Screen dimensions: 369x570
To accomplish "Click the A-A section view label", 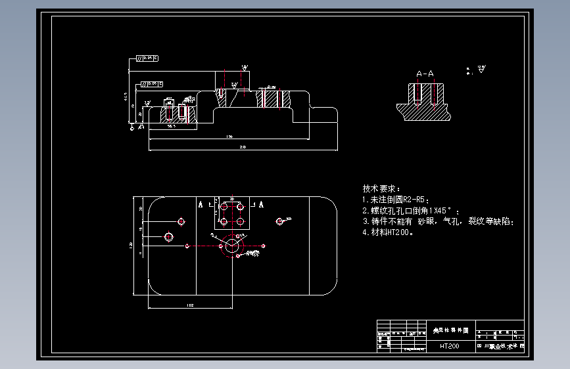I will [x=425, y=74].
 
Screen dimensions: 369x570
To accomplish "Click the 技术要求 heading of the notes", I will [x=381, y=188].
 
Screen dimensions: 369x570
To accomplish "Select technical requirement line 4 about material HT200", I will [x=389, y=232].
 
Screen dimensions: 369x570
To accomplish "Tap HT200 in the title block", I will [x=450, y=345].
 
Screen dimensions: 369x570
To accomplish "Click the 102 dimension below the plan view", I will [x=190, y=305].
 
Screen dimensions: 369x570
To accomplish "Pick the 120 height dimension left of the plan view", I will [x=133, y=246].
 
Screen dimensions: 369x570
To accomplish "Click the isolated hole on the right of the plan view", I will [x=281, y=221].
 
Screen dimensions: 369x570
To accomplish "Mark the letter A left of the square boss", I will [x=201, y=204].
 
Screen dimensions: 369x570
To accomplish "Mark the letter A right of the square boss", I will [x=261, y=204].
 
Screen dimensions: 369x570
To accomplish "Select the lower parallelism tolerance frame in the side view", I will [x=153, y=83].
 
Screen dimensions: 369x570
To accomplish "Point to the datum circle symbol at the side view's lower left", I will [x=131, y=129].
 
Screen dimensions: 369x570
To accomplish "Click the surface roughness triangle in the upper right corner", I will [x=481, y=69].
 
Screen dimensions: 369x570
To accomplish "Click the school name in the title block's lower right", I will [x=500, y=345].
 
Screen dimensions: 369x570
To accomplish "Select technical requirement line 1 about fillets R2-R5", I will [x=396, y=199].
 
